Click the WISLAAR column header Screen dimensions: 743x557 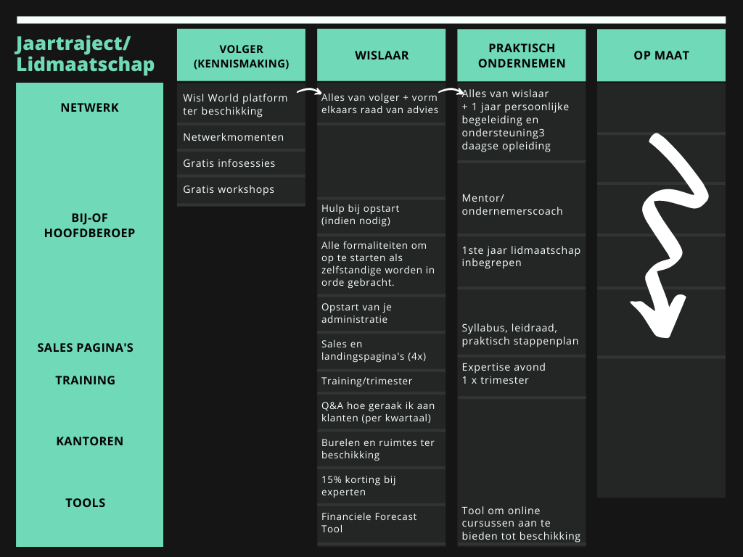coord(382,55)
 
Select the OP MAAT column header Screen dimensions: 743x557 coord(661,55)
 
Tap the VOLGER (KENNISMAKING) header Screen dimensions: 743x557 coord(241,55)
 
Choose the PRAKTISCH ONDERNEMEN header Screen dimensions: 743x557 coord(521,55)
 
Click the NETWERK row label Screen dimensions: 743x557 coord(89,107)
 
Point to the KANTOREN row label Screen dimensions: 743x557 coord(89,441)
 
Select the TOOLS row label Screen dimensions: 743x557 coord(86,503)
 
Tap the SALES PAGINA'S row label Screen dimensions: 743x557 coord(86,347)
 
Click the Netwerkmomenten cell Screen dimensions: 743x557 coord(241,137)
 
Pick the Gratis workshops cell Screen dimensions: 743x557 coord(241,189)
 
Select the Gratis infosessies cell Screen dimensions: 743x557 coord(241,163)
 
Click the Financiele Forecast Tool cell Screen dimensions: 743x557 coord(382,523)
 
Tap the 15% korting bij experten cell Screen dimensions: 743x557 coord(382,486)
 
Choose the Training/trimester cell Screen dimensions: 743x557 coord(382,381)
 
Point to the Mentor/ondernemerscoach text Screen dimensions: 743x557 coord(512,205)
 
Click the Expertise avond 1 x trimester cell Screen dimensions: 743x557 coord(521,374)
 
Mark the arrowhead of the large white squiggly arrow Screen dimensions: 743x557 coord(661,322)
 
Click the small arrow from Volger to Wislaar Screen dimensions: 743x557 coord(309,91)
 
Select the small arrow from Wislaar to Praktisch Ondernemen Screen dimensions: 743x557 coord(451,91)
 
